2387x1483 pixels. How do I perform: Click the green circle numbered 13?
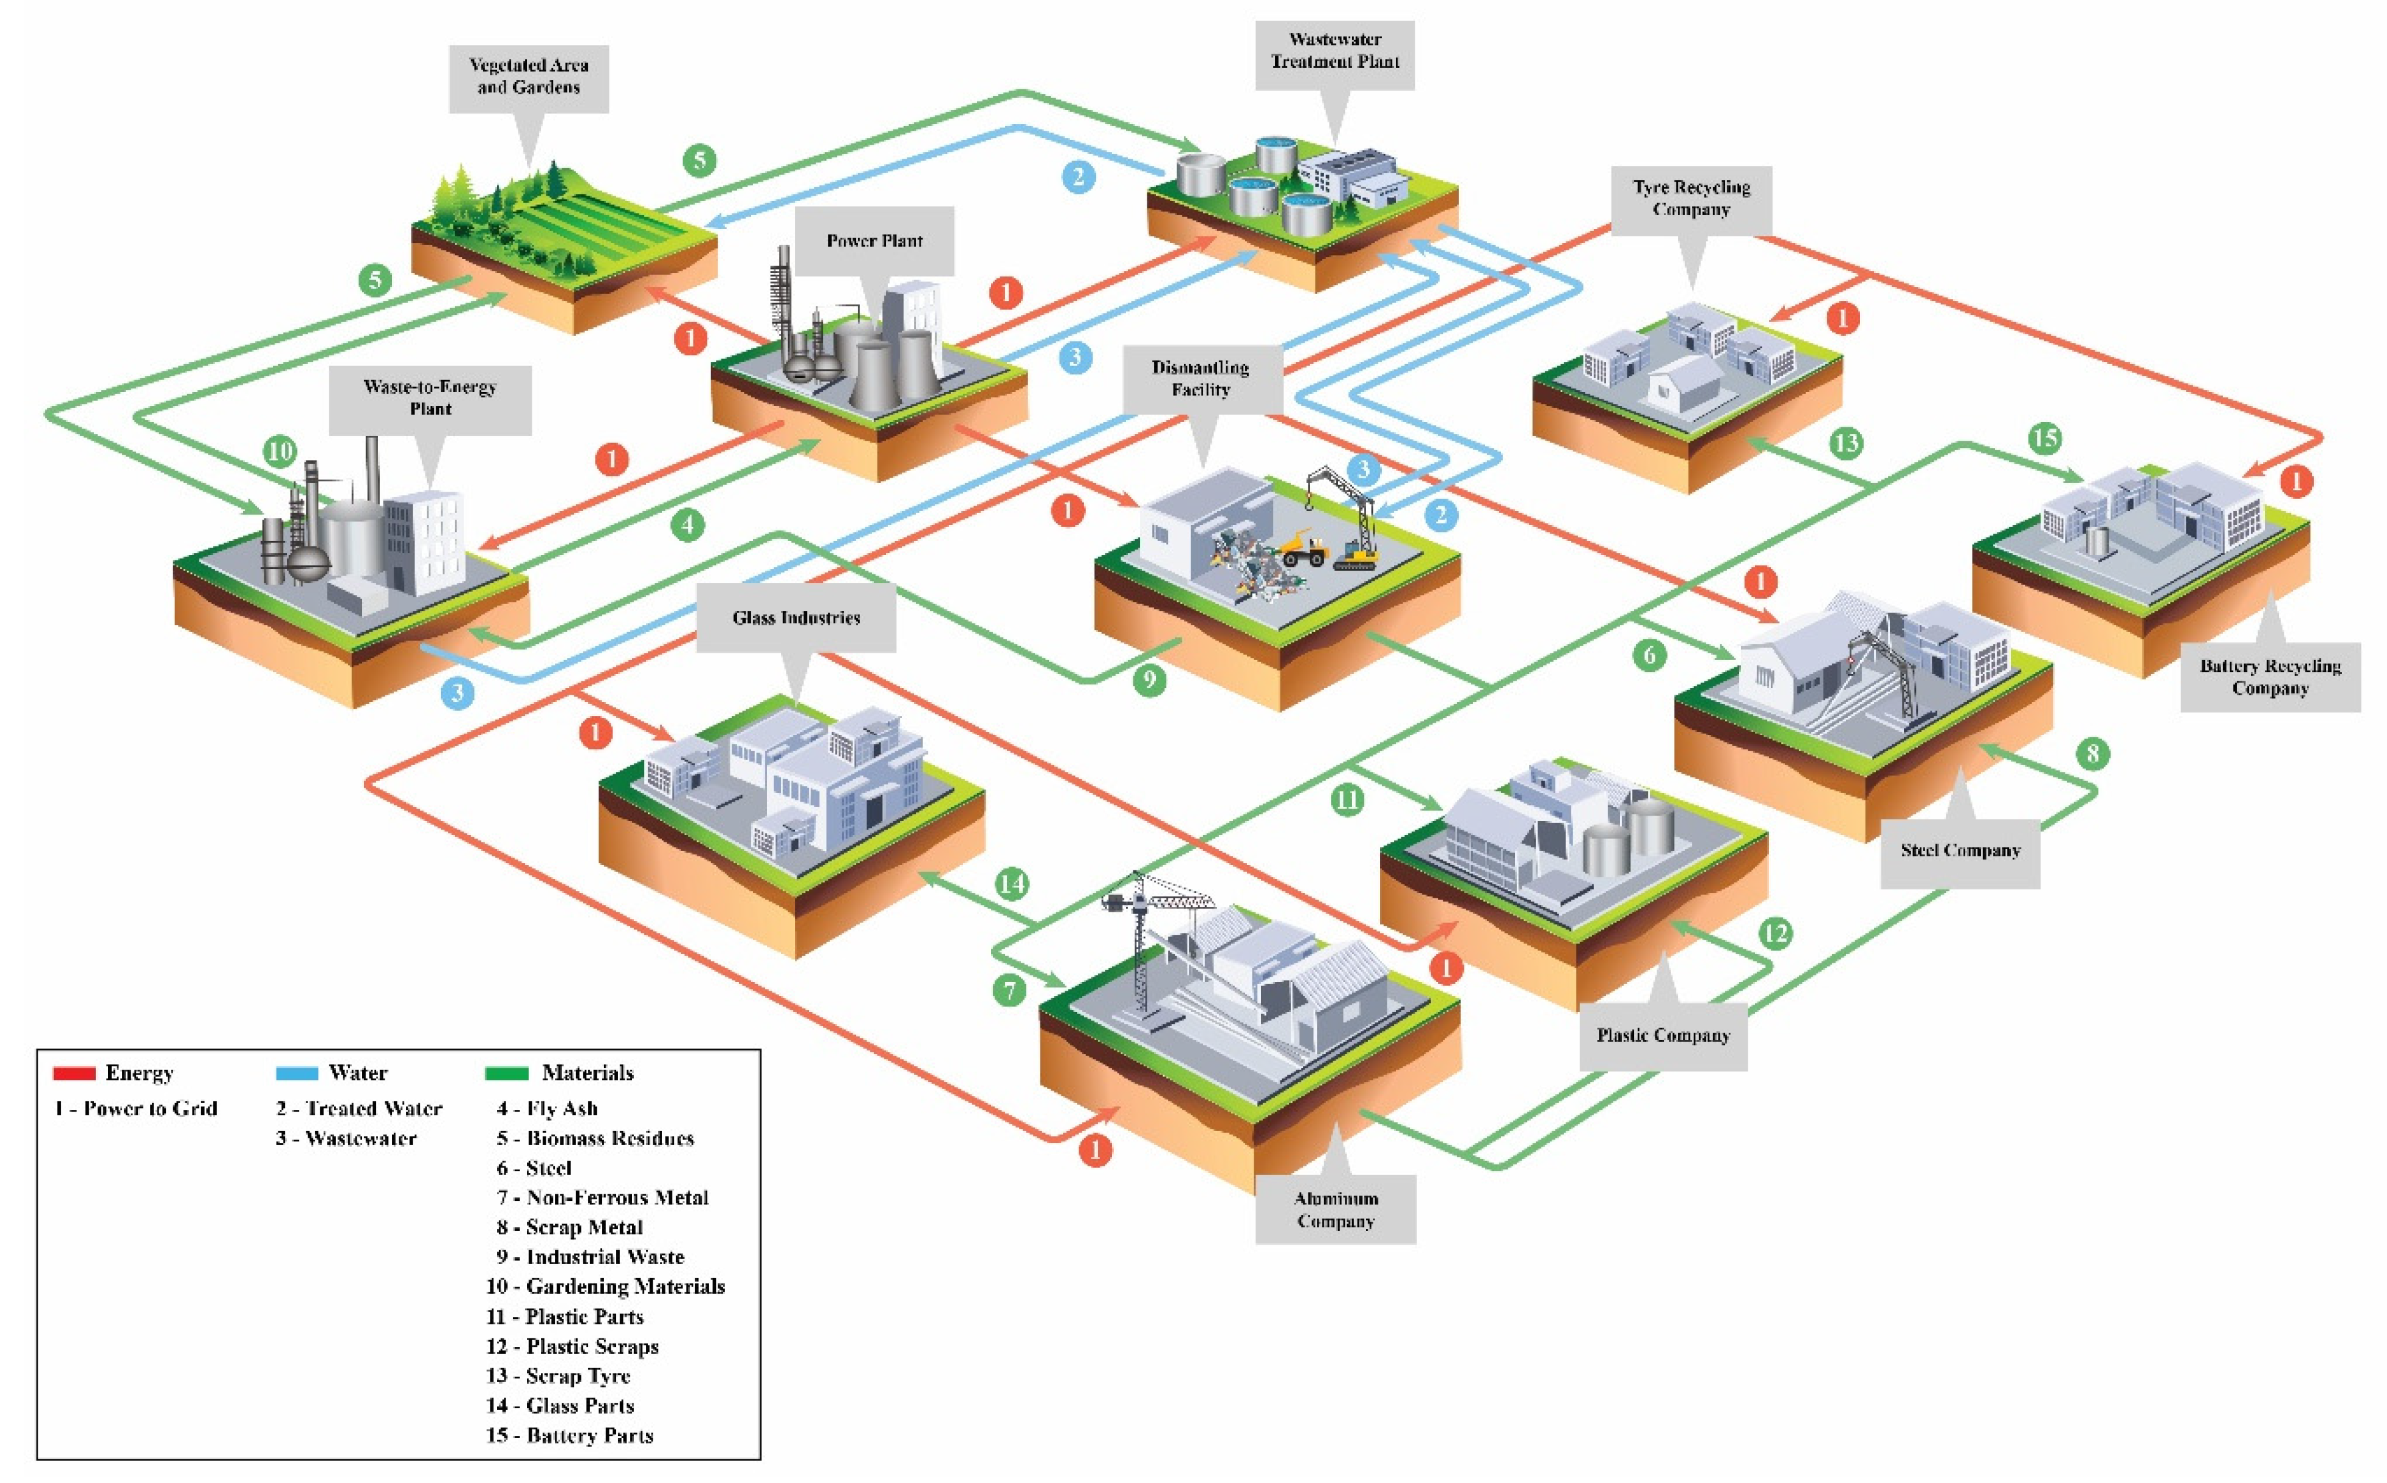tap(1845, 443)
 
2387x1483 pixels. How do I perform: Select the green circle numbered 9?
tap(1149, 679)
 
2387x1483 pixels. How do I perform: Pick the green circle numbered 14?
tap(1011, 884)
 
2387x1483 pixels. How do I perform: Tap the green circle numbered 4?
tap(687, 525)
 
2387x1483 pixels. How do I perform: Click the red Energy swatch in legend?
tap(75, 1073)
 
